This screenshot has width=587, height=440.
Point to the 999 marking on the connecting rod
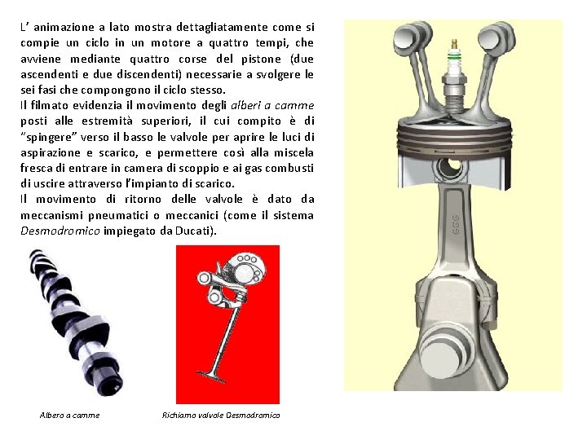point(456,225)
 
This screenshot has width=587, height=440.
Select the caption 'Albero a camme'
point(69,416)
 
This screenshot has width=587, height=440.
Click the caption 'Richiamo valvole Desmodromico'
point(221,416)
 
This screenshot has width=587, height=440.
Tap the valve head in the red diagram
point(211,376)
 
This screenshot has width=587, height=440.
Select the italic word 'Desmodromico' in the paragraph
point(60,231)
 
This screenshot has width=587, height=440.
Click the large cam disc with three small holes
point(247,271)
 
